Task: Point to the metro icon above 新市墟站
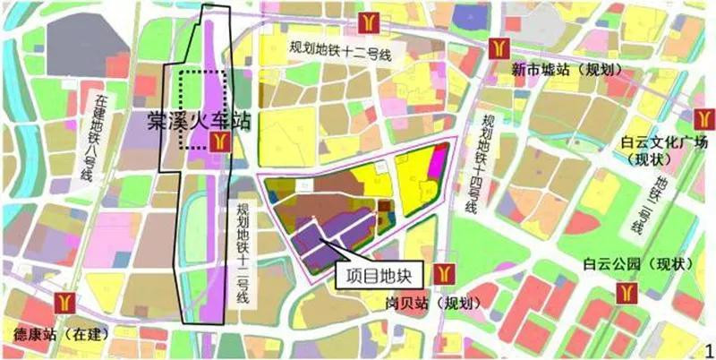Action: tap(499, 47)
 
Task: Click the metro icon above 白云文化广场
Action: tap(703, 116)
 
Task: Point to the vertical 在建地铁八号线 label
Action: tap(95, 134)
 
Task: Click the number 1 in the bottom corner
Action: tap(707, 348)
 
